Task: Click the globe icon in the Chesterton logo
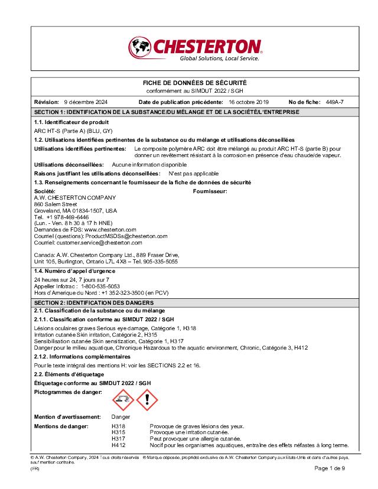click(140, 45)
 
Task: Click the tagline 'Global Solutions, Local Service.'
click(219, 58)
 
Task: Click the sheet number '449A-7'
click(335, 102)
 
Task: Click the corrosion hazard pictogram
click(123, 400)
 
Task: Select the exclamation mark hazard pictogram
click(147, 400)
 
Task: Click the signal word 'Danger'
click(120, 417)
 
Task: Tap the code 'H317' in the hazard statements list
click(118, 439)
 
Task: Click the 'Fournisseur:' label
click(210, 191)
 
